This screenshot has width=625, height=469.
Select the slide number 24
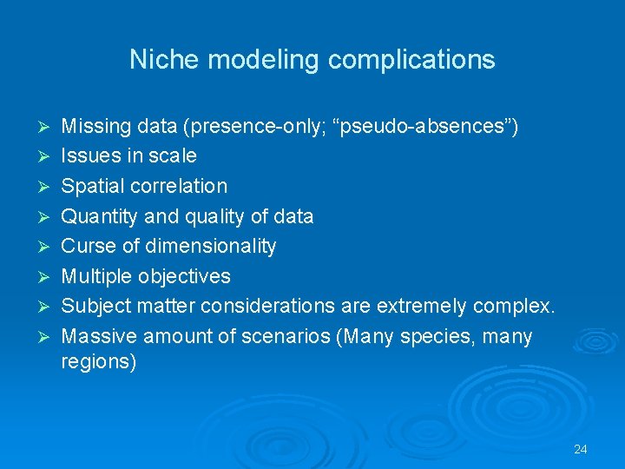point(581,449)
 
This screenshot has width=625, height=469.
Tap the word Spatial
point(90,187)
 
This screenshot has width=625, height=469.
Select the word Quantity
point(96,216)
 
